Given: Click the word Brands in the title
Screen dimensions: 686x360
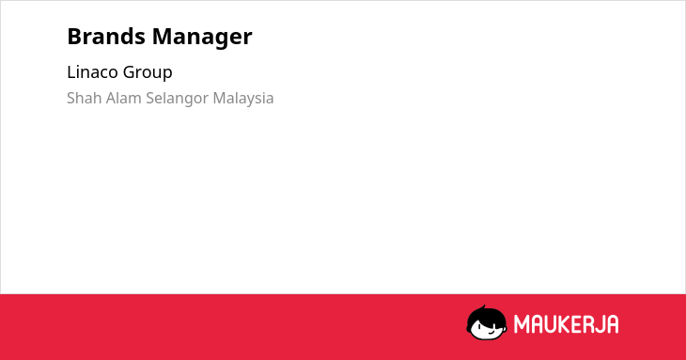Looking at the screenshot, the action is tap(106, 37).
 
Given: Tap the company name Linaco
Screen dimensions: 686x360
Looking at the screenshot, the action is tap(92, 72).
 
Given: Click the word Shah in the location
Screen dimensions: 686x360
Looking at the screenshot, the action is tap(85, 98).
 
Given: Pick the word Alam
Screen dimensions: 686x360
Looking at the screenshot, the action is tap(124, 98).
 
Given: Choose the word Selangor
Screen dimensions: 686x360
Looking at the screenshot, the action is tap(178, 99).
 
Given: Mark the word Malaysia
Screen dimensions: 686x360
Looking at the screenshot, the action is tap(243, 99).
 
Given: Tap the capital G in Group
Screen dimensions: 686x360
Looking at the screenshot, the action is tap(129, 72).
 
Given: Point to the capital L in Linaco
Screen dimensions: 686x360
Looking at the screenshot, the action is tap(71, 72).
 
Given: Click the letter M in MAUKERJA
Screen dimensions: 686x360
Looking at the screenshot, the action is tap(522, 324).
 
